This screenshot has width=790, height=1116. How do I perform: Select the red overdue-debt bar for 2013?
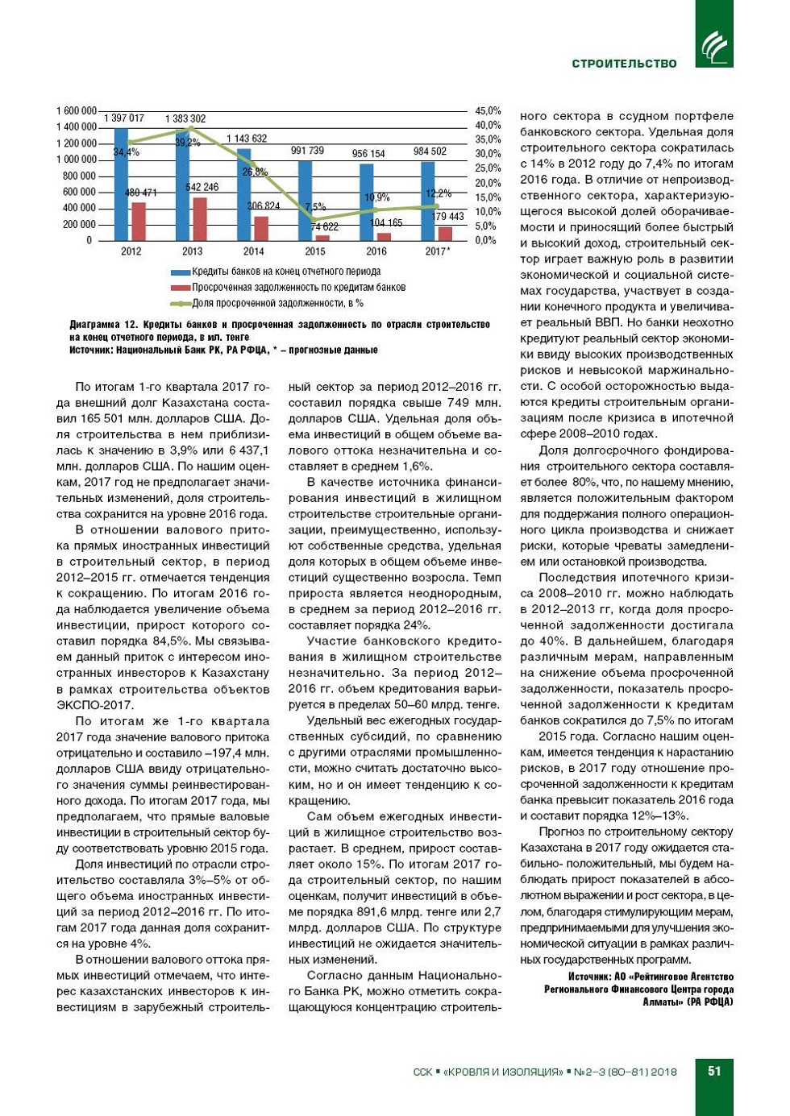[199, 219]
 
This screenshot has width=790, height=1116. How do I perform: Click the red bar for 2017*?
[445, 233]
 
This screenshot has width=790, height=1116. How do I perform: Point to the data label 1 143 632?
[247, 139]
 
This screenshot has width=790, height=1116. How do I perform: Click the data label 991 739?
[307, 151]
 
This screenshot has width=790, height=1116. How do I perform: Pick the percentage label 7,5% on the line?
[315, 207]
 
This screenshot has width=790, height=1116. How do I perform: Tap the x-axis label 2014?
[253, 251]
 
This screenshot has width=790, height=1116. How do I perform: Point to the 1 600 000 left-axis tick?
[77, 110]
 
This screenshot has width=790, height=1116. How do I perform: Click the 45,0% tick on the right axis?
[488, 110]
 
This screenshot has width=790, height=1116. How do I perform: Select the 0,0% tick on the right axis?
[485, 240]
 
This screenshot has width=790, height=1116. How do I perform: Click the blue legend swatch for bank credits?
[180, 272]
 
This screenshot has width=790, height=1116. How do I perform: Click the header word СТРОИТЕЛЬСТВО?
[624, 64]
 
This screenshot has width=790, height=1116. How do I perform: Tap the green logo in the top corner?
[713, 34]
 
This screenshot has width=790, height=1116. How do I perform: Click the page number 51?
[714, 1071]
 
